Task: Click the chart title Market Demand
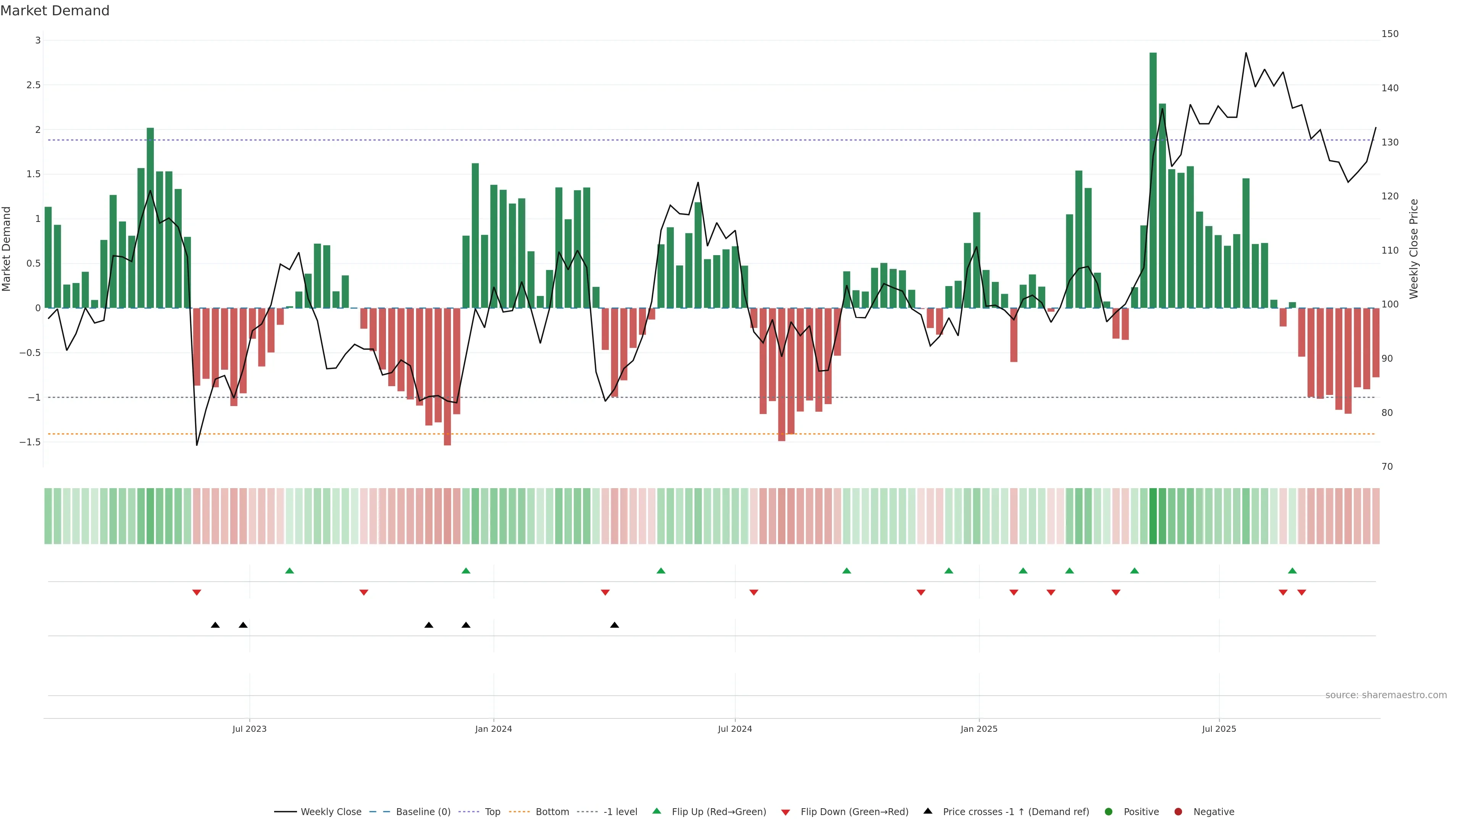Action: pyautogui.click(x=55, y=11)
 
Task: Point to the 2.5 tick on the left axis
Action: pyautogui.click(x=34, y=85)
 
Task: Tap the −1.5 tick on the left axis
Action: pyautogui.click(x=30, y=442)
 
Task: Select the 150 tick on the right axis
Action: pyautogui.click(x=1390, y=34)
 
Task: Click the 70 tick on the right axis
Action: pyautogui.click(x=1387, y=467)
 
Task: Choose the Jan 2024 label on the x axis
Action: pyautogui.click(x=493, y=729)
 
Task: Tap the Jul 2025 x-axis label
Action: pyautogui.click(x=1219, y=729)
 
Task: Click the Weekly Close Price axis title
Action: pyautogui.click(x=1414, y=249)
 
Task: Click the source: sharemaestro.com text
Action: pyautogui.click(x=1386, y=695)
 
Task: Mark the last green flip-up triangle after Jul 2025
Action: pyautogui.click(x=1292, y=571)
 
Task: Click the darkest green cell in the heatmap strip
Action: pyautogui.click(x=1153, y=516)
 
